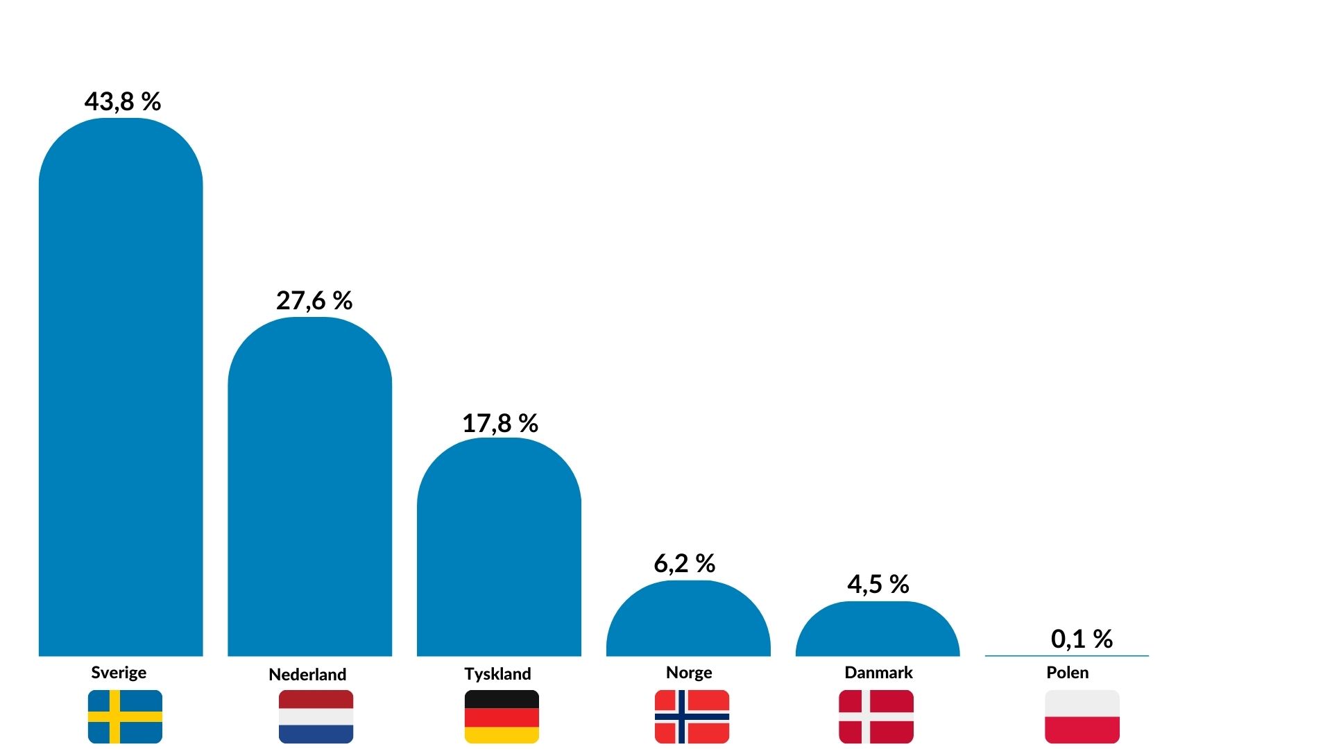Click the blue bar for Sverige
point(121,388)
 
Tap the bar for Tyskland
point(499,548)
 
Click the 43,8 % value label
point(123,102)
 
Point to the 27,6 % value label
point(314,301)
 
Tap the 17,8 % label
point(500,424)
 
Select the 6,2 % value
point(685,564)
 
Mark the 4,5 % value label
point(878,585)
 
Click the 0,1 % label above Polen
point(1082,639)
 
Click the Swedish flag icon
point(125,716)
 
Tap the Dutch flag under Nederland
point(316,716)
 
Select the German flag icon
point(502,716)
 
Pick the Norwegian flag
point(692,716)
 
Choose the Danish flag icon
point(876,716)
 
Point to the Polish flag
point(1082,716)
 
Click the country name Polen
point(1068,673)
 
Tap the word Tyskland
point(497,674)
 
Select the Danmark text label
point(878,673)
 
